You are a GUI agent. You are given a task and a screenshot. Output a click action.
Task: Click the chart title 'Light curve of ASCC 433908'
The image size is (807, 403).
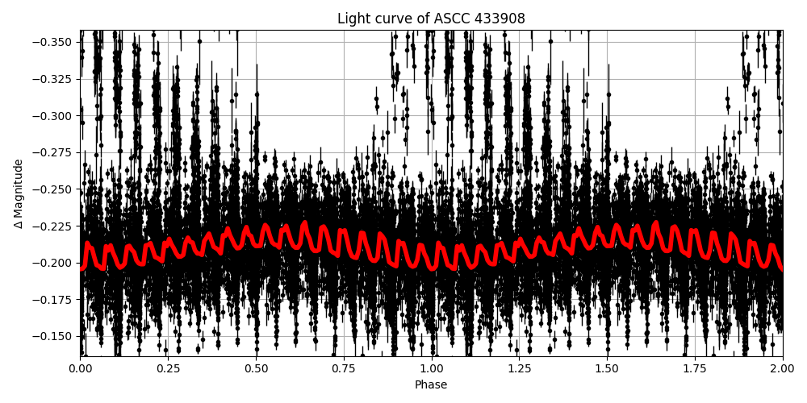point(431,19)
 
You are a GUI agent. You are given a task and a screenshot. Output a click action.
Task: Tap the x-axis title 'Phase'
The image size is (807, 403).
point(431,385)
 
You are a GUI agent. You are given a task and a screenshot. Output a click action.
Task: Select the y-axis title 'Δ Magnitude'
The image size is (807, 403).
point(19,193)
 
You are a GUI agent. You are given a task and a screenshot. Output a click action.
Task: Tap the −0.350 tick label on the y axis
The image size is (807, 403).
point(52,42)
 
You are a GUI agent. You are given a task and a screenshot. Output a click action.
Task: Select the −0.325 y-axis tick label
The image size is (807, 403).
point(52,79)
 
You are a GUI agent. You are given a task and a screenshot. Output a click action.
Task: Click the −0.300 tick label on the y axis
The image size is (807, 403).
point(52,115)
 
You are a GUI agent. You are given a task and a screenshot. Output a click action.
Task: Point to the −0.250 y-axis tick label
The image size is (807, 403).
point(52,189)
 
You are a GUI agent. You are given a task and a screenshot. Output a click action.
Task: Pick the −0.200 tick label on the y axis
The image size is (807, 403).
point(52,263)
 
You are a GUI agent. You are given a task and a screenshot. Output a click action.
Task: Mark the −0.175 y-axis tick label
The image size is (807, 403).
point(52,300)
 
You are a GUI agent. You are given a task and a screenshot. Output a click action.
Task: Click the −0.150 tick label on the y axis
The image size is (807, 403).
point(52,336)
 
